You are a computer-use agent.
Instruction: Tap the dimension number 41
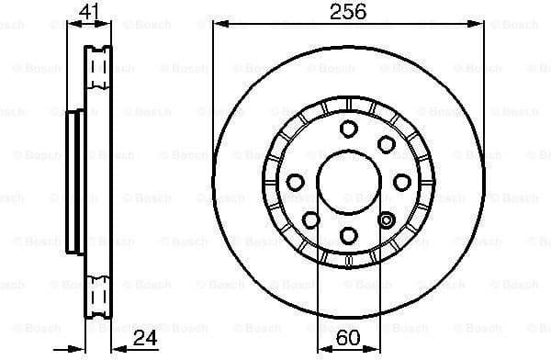point(88,12)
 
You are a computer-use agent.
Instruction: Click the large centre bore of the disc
point(348,182)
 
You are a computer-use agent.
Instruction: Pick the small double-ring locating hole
point(387,219)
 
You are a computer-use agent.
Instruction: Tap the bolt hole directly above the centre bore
point(348,129)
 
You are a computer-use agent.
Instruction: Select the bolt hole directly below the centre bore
point(348,236)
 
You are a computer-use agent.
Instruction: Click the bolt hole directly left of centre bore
point(294,182)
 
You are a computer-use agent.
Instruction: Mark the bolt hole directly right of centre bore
point(401,182)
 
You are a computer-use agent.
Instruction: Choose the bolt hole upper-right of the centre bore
point(386,144)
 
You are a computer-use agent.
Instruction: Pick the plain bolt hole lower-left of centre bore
point(310,220)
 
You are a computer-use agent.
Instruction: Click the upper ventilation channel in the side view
point(96,64)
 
